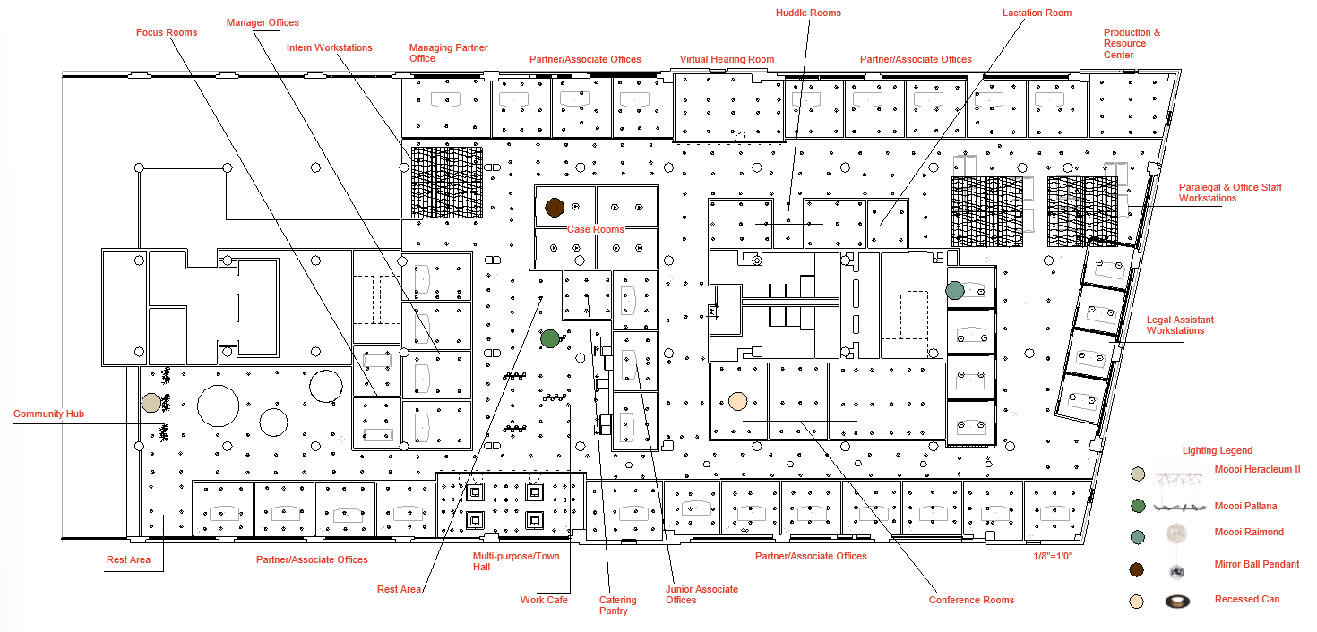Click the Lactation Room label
click(x=1037, y=13)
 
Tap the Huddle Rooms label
click(x=808, y=13)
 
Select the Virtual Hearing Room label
click(x=727, y=60)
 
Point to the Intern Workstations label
click(x=330, y=47)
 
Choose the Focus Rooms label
click(x=167, y=32)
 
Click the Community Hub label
click(x=48, y=414)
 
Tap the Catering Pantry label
click(x=617, y=605)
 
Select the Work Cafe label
click(x=544, y=600)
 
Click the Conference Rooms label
click(x=971, y=600)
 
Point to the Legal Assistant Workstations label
click(x=1180, y=325)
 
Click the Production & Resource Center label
click(x=1132, y=43)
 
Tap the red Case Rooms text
click(x=595, y=230)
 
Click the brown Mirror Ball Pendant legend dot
click(x=1137, y=569)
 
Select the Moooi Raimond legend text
click(x=1249, y=533)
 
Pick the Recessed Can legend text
click(x=1247, y=600)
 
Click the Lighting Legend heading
click(x=1217, y=451)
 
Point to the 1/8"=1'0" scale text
click(x=1053, y=556)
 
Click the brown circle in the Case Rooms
click(x=554, y=208)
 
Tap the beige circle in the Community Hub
click(x=151, y=401)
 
